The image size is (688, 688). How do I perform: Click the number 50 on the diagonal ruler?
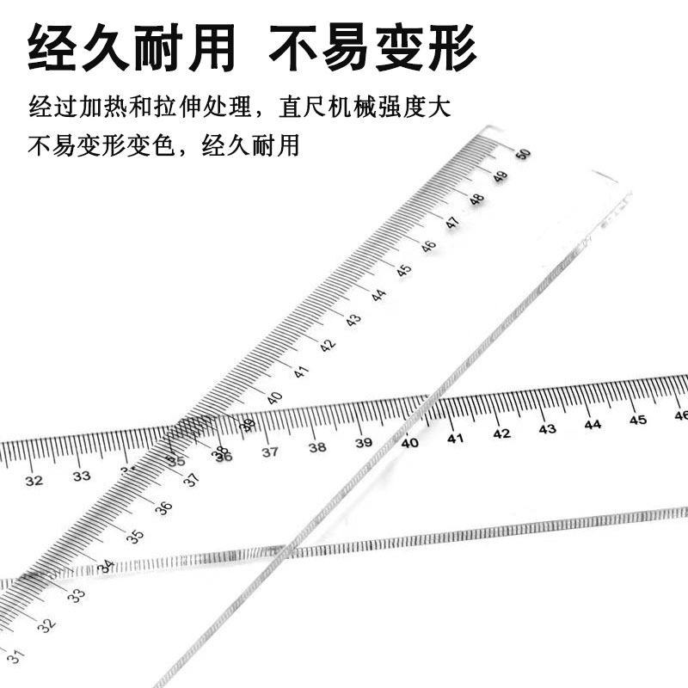[523, 155]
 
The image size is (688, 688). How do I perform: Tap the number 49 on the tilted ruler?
[500, 177]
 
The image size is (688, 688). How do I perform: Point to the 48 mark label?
[476, 200]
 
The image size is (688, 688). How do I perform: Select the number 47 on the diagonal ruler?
[452, 223]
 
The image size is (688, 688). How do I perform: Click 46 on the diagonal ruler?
[428, 246]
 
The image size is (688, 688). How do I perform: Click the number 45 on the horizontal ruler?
[637, 421]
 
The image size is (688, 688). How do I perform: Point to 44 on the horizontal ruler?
[593, 425]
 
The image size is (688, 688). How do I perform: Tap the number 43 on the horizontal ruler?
[547, 429]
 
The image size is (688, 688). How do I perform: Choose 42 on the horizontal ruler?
[501, 433]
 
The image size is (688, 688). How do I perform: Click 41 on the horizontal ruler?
[455, 439]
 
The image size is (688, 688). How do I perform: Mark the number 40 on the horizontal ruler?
[409, 443]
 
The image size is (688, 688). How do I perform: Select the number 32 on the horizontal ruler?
[34, 481]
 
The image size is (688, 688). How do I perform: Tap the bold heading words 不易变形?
[372, 49]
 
